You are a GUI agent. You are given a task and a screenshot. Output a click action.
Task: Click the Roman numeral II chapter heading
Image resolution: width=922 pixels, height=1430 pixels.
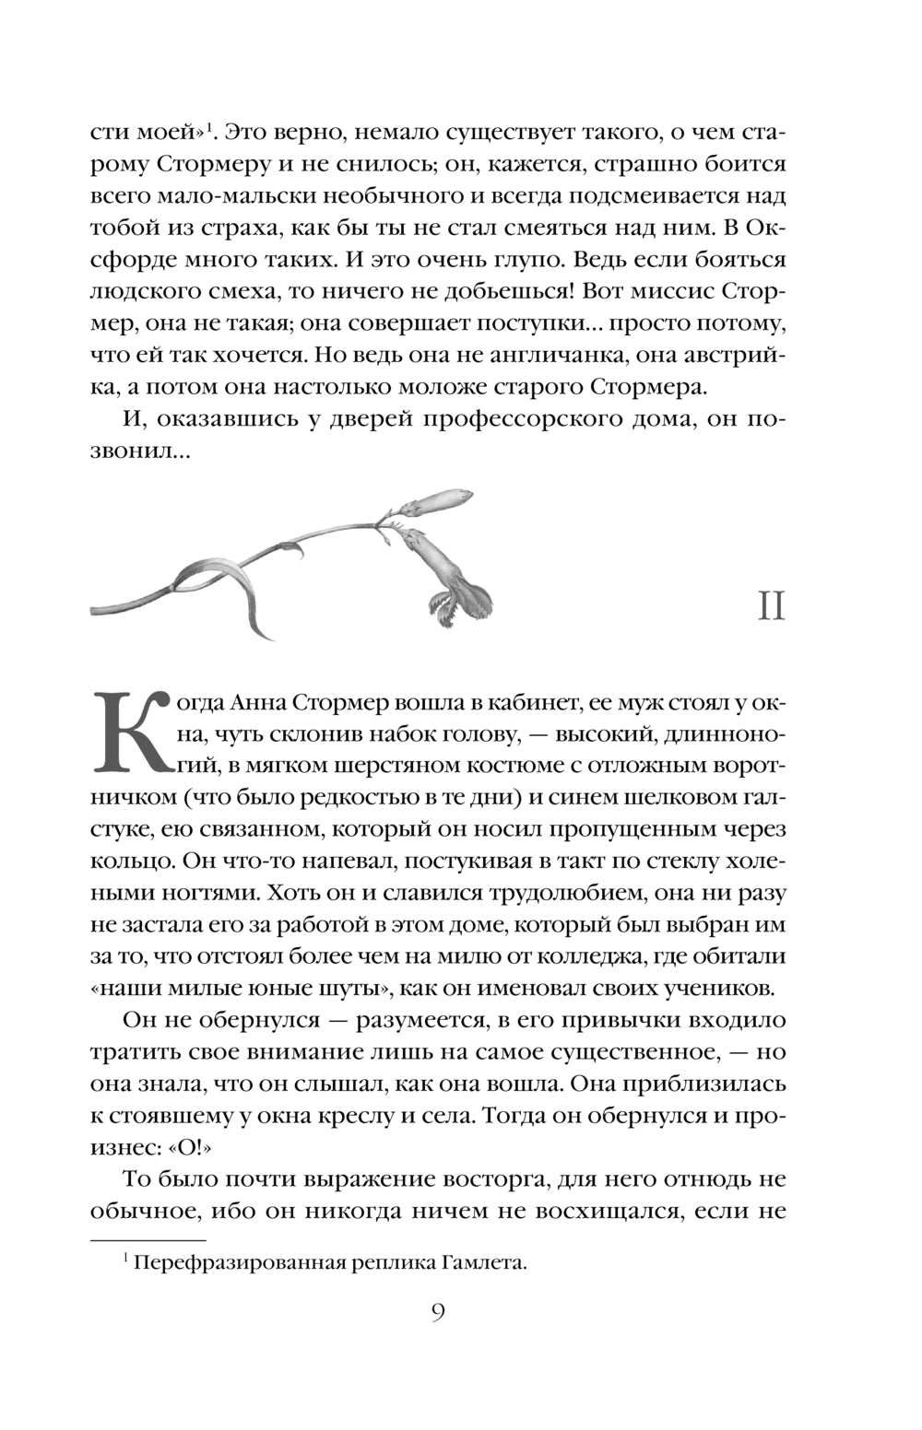point(771,606)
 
